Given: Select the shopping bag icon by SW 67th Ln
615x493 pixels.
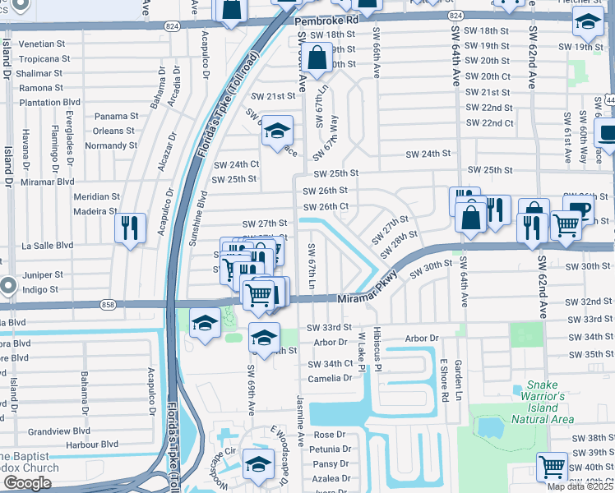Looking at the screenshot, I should [317, 58].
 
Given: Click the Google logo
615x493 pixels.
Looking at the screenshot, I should [27, 483].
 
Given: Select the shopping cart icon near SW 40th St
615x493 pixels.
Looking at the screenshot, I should [552, 466].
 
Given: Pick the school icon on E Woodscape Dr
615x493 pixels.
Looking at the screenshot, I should [258, 465].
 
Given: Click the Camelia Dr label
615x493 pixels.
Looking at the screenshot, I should [330, 379].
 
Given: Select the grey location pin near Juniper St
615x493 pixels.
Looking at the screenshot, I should [8, 287].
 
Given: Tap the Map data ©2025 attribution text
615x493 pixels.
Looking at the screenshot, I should [580, 486].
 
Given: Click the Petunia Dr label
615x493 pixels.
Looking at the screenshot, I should [331, 449].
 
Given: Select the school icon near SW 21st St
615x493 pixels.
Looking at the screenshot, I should [277, 131].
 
